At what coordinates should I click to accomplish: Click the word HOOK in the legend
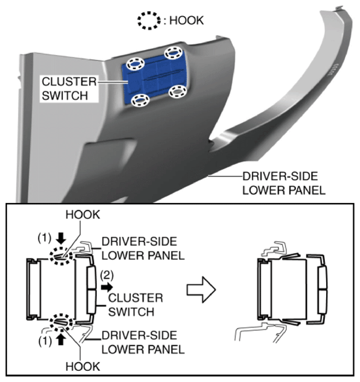186,20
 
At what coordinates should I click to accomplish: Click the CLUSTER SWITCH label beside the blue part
69,88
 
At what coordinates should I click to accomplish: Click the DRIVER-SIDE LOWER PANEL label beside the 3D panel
283,183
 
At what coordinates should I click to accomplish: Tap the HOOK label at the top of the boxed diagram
83,215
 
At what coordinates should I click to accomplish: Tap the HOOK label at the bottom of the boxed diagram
83,367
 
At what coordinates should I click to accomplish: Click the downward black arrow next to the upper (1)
61,238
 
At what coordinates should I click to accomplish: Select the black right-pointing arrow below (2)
107,287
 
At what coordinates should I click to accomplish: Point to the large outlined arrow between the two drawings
201,289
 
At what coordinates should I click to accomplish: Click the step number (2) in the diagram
107,275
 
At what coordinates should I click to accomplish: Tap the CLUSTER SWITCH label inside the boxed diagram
135,305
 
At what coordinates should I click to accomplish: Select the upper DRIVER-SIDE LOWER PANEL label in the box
143,249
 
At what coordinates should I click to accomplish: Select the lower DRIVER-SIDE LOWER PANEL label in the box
143,343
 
